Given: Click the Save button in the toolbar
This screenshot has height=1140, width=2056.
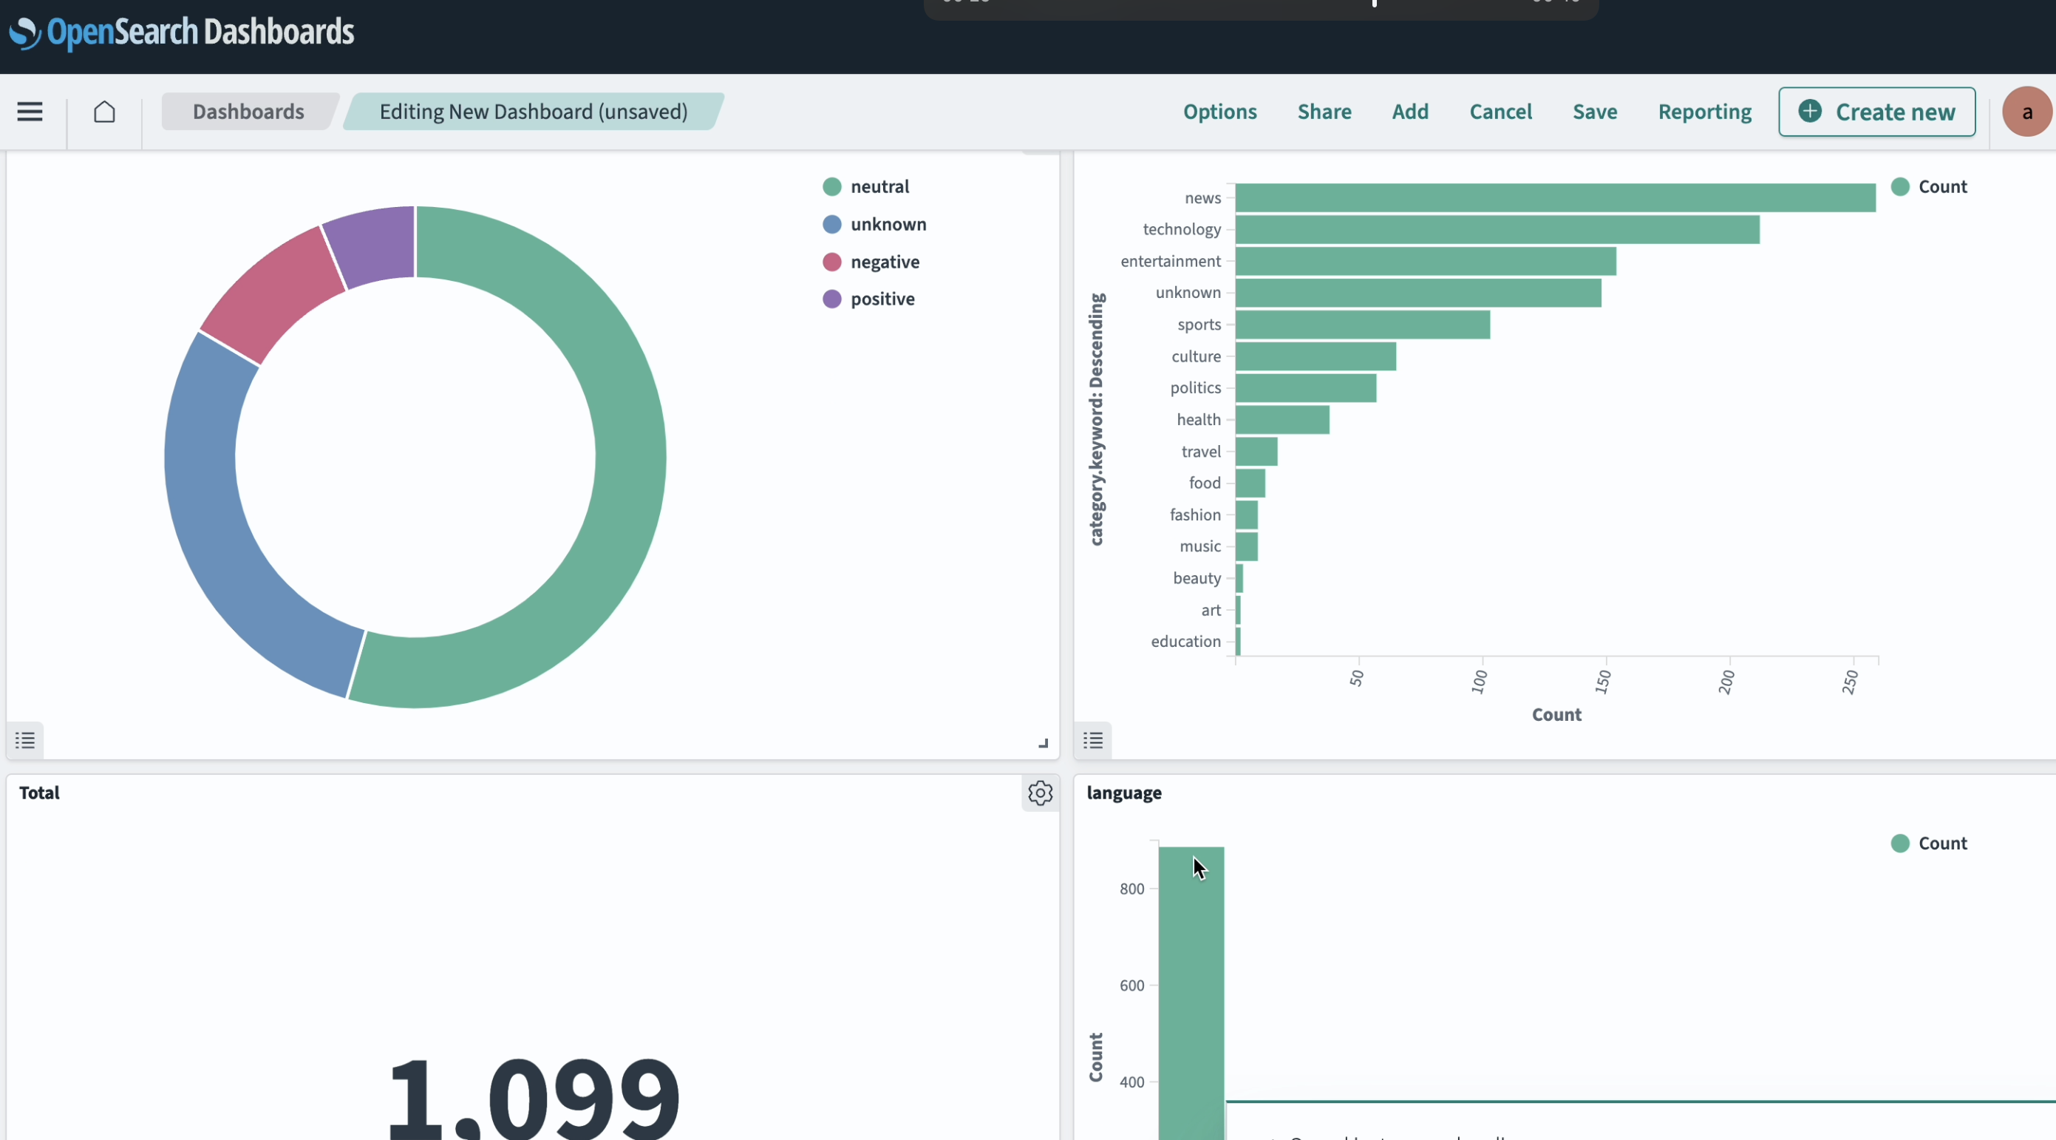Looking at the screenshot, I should point(1594,112).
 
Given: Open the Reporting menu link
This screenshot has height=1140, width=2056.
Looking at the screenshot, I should point(1704,112).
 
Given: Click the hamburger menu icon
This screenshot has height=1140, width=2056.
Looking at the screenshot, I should point(30,112).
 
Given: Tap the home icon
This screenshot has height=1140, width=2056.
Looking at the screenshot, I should point(104,112).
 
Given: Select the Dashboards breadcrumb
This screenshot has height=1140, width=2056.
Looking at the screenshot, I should point(248,112).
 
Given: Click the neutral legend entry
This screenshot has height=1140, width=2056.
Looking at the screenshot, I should point(879,187).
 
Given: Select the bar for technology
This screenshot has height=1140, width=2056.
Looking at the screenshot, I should point(1497,230).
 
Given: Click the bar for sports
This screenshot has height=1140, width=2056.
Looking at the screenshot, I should point(1361,325).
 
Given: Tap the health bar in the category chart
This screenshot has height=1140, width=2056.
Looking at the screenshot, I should point(1281,420).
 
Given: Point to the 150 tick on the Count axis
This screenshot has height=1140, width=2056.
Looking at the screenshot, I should point(1603,681).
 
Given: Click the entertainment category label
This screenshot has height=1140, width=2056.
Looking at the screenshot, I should point(1169,261).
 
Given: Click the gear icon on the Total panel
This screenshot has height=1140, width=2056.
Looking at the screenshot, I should point(1039,793).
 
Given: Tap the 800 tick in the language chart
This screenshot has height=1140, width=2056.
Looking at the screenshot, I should point(1131,889).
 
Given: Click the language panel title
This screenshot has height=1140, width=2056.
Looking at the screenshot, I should point(1123,793).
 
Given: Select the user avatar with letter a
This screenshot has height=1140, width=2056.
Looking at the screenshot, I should point(2026,112).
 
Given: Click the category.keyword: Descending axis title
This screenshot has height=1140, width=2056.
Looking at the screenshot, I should point(1097,419).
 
